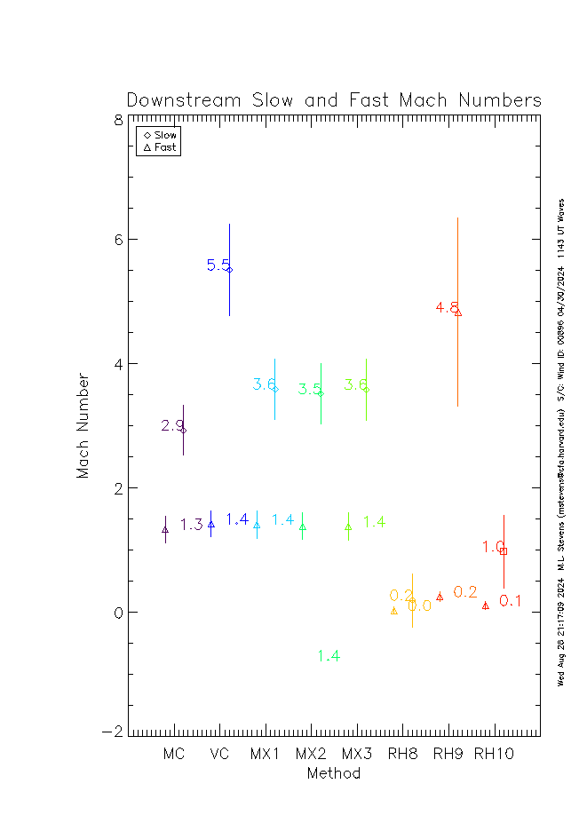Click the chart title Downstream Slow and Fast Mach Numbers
334,100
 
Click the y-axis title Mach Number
83,425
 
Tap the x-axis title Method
333,773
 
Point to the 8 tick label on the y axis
118,119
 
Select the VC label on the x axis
219,755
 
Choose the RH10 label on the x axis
493,755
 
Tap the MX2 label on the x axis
311,755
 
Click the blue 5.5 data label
218,265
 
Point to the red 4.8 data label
447,307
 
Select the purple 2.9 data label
171,426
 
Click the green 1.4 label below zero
329,656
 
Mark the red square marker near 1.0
504,551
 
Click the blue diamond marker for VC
229,269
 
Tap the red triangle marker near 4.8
458,312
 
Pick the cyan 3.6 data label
263,384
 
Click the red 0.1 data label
510,601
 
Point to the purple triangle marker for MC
165,529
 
